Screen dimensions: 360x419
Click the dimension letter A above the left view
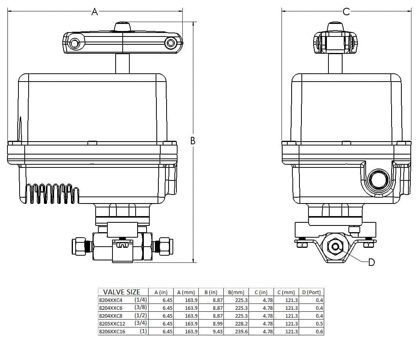(x=94, y=12)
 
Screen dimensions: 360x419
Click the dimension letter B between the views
(x=193, y=141)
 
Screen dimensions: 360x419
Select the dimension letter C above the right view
(x=346, y=12)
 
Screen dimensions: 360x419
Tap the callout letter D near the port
(x=372, y=262)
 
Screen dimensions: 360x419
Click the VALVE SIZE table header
(x=122, y=292)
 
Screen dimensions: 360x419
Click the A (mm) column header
(x=186, y=293)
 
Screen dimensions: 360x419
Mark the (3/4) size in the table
(x=141, y=324)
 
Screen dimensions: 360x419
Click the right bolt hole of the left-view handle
(x=171, y=43)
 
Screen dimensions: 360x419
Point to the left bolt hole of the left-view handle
(x=74, y=43)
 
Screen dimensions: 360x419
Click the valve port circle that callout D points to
(x=336, y=247)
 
